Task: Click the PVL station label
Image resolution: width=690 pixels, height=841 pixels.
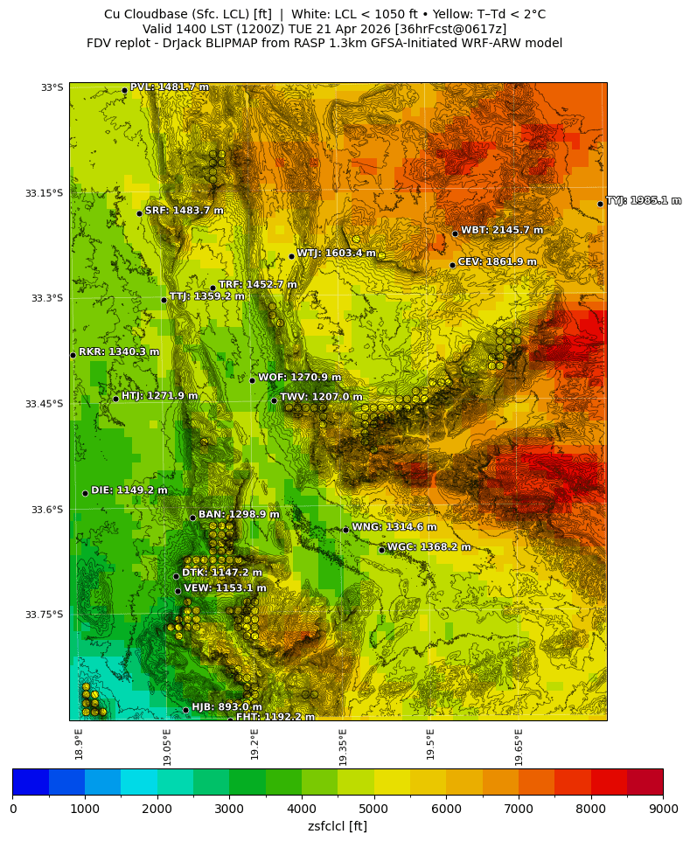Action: [x=169, y=87]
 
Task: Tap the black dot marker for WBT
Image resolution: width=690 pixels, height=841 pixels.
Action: [x=455, y=233]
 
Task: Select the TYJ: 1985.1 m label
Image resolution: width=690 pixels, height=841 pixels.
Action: [x=644, y=201]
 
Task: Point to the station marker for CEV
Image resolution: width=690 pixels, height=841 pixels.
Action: [x=452, y=265]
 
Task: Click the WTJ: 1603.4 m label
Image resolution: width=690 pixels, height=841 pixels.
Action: [x=336, y=254]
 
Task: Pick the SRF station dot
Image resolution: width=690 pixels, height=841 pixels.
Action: [x=139, y=213]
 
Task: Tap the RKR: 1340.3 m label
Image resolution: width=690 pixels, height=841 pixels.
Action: [x=119, y=352]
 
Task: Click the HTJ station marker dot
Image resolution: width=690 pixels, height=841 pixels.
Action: [x=115, y=399]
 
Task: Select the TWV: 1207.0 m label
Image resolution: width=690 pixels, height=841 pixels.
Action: [x=321, y=397]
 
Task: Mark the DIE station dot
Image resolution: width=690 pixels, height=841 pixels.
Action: [x=85, y=493]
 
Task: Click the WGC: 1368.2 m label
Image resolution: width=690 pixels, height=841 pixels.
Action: [x=429, y=547]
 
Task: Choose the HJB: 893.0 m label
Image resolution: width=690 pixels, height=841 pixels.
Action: [x=227, y=707]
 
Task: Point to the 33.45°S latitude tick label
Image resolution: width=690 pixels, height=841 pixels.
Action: [x=46, y=404]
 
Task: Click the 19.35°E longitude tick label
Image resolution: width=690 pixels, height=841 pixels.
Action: [x=344, y=747]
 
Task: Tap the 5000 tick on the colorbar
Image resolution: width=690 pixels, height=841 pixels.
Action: [x=373, y=809]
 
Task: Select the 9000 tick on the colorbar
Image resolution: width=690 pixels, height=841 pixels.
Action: [x=662, y=809]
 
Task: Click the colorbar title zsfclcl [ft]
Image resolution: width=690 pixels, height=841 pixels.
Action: [x=338, y=825]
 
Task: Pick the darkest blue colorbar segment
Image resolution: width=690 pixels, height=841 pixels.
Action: [x=31, y=782]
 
